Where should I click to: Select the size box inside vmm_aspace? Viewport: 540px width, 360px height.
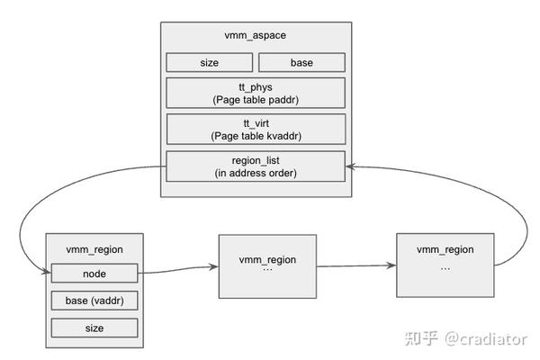(209, 63)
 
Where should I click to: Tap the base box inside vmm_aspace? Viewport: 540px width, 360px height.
(301, 63)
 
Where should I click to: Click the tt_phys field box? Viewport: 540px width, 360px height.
(255, 93)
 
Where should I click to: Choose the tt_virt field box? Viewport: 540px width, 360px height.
(255, 129)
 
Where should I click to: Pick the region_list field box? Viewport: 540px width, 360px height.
(255, 166)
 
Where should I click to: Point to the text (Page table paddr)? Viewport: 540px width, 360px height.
(255, 99)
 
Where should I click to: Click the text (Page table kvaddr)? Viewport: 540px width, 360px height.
(255, 135)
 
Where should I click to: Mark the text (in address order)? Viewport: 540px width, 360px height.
(255, 172)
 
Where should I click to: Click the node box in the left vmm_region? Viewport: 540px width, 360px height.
(94, 273)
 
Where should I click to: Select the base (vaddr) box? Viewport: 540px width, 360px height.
(94, 300)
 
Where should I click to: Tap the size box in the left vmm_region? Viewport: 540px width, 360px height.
(94, 328)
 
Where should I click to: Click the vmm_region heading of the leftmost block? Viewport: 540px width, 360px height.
(94, 249)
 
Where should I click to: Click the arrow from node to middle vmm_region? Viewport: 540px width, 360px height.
(175, 270)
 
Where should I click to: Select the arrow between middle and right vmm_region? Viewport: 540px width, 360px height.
(355, 266)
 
